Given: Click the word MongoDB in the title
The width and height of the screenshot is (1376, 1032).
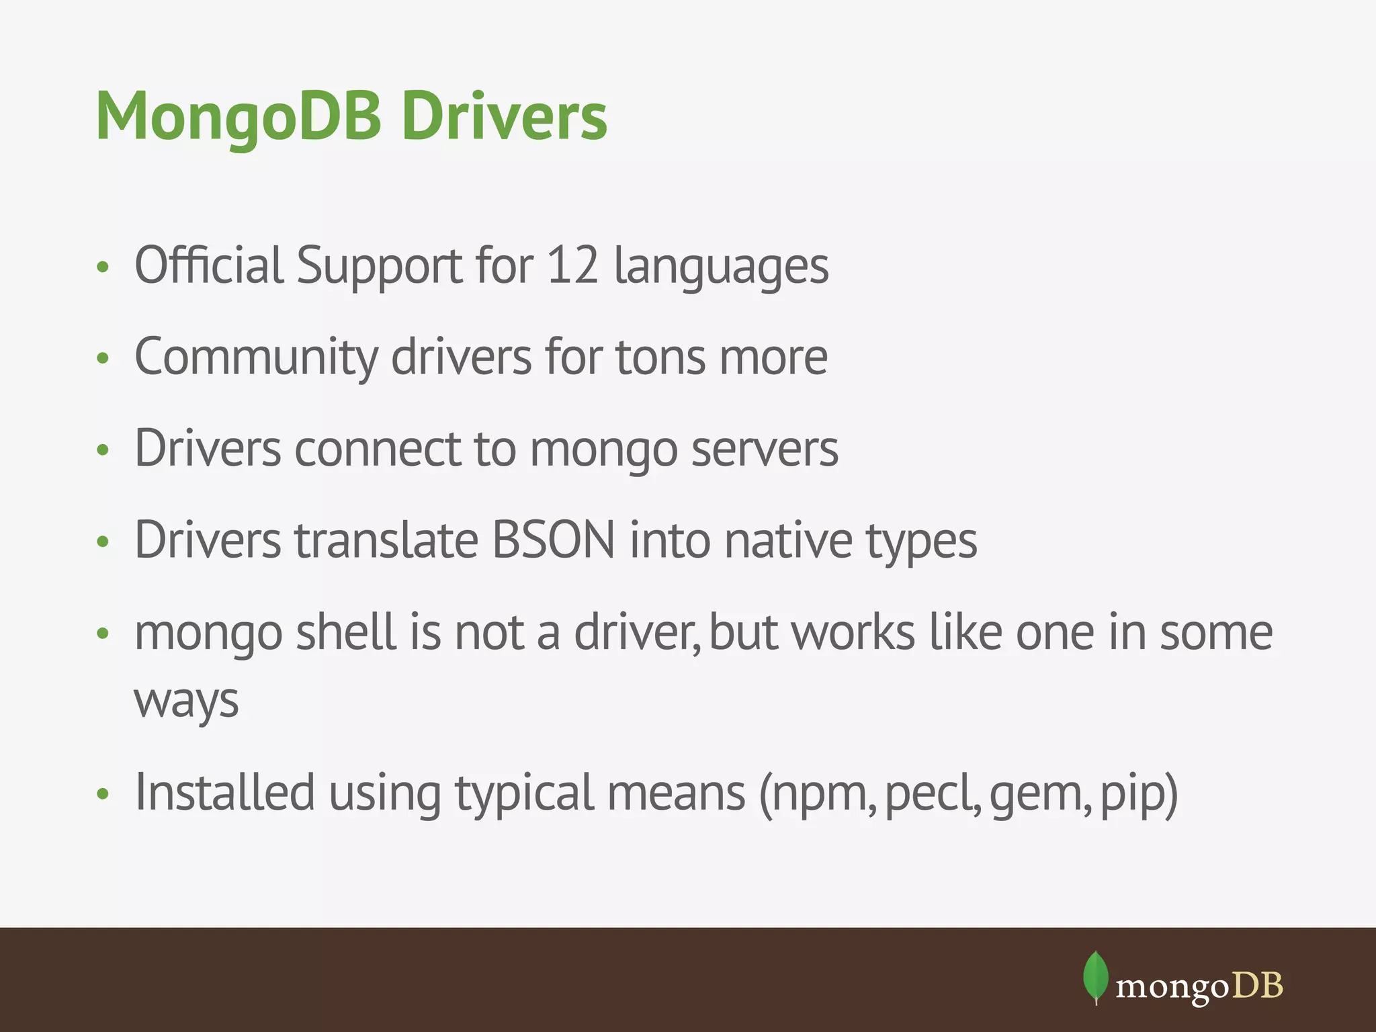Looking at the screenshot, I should click(x=239, y=118).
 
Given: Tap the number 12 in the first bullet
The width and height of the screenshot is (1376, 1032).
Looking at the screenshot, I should click(x=572, y=265).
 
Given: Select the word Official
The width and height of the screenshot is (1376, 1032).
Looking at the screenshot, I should click(x=209, y=265).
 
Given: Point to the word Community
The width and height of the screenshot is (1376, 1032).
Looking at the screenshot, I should click(x=256, y=358).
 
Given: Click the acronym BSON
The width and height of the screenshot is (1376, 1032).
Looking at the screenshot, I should click(x=554, y=540).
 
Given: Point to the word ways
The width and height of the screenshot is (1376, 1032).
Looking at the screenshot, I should click(x=186, y=702).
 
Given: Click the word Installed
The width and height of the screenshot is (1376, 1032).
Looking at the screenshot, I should click(x=225, y=793).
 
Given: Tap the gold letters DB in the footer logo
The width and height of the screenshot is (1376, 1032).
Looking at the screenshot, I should click(x=1258, y=986).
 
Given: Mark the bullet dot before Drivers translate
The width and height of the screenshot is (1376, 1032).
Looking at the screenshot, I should click(x=103, y=542).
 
